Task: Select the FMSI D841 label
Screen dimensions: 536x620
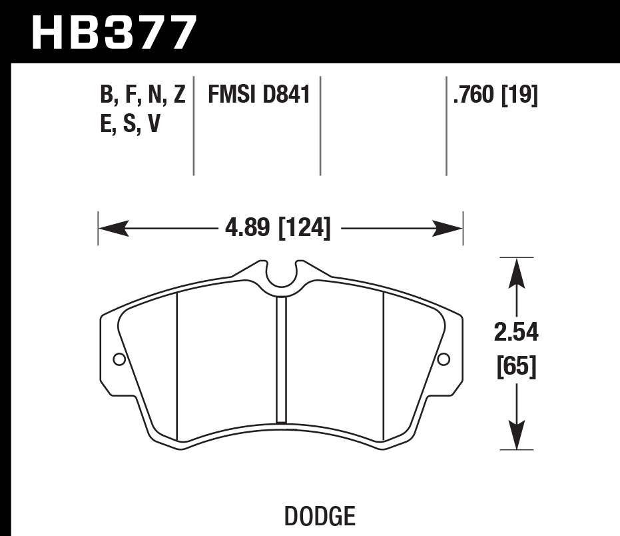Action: coord(260,95)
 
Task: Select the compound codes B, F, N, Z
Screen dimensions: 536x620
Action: coord(142,95)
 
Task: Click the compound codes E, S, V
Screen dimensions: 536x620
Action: coord(130,125)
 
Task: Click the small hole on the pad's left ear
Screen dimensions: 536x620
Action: coord(119,360)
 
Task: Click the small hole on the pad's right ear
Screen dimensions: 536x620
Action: coord(444,360)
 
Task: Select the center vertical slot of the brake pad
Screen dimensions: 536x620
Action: coord(281,360)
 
